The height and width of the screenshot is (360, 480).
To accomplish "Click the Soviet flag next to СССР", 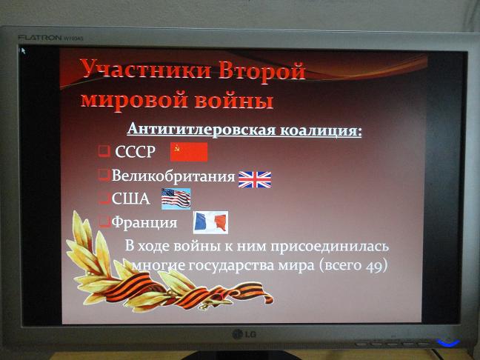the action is (189, 152).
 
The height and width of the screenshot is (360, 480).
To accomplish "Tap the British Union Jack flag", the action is (255, 179).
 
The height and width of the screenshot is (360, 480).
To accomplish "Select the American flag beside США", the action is (176, 199).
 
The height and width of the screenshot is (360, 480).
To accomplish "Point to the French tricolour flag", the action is (210, 222).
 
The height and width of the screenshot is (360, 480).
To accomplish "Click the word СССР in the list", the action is (136, 152).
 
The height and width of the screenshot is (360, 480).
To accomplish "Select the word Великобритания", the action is (173, 176).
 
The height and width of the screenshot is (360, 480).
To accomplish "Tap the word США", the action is (130, 199).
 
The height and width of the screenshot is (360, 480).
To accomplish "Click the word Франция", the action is (144, 223).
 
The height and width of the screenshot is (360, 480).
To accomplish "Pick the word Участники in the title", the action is (146, 69).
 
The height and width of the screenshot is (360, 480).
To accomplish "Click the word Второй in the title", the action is (262, 71).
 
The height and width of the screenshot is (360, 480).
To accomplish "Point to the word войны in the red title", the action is (234, 99).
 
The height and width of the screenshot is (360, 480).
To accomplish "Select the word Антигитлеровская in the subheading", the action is (201, 129).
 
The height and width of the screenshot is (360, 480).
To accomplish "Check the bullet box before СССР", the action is (104, 151).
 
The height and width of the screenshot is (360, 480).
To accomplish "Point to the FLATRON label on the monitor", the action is (40, 38).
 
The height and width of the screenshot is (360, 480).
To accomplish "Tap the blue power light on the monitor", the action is (448, 342).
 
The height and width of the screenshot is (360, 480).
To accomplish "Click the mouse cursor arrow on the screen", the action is (22, 50).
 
